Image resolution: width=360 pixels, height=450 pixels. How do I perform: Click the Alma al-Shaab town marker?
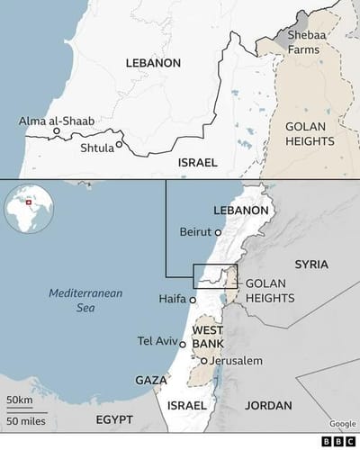56,131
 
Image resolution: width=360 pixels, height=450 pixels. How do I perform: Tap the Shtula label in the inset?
97,146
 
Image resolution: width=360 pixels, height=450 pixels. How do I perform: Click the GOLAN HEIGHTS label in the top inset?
309,134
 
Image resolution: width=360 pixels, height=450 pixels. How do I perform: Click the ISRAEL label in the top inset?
198,163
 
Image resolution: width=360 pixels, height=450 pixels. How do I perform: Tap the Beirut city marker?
218,231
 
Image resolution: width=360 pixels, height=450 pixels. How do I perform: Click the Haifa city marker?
192,299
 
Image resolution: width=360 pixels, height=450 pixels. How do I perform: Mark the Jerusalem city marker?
204,361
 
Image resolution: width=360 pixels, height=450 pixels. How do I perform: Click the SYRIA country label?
311,265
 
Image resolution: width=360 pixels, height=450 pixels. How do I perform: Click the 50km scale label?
19,399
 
